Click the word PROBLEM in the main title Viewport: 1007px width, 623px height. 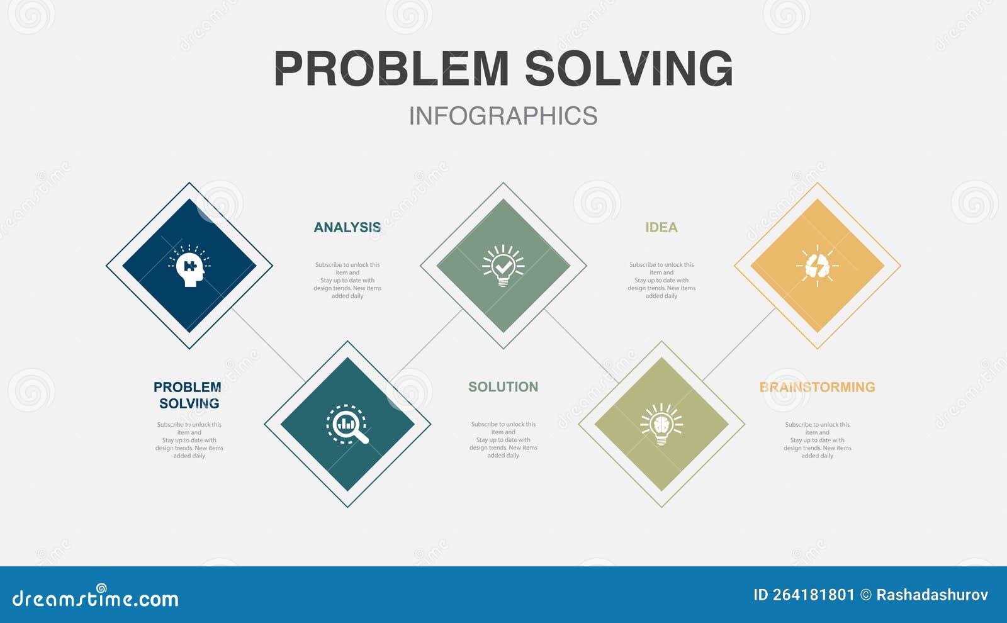coord(391,69)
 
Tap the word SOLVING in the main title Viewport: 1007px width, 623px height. coord(629,69)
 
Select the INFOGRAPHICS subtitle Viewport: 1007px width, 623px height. coord(503,116)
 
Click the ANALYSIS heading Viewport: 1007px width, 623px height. coord(347,228)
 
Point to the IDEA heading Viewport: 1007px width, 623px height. coord(661,228)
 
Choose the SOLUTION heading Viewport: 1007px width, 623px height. coord(503,387)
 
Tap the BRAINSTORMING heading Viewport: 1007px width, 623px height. coord(817,387)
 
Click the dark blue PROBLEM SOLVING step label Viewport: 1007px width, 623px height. coord(188,395)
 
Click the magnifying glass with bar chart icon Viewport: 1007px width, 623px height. coord(347,424)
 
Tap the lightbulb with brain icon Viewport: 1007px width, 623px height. coord(661,424)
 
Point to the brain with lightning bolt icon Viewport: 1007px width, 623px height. coord(817,266)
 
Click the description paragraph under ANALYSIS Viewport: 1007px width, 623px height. coord(347,281)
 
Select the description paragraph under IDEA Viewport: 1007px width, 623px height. coord(661,281)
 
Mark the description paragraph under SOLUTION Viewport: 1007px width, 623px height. coord(503,440)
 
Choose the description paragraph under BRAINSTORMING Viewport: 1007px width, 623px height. coord(817,440)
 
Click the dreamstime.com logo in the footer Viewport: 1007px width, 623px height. coord(96,598)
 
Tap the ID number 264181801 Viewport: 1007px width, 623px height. coord(804,595)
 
